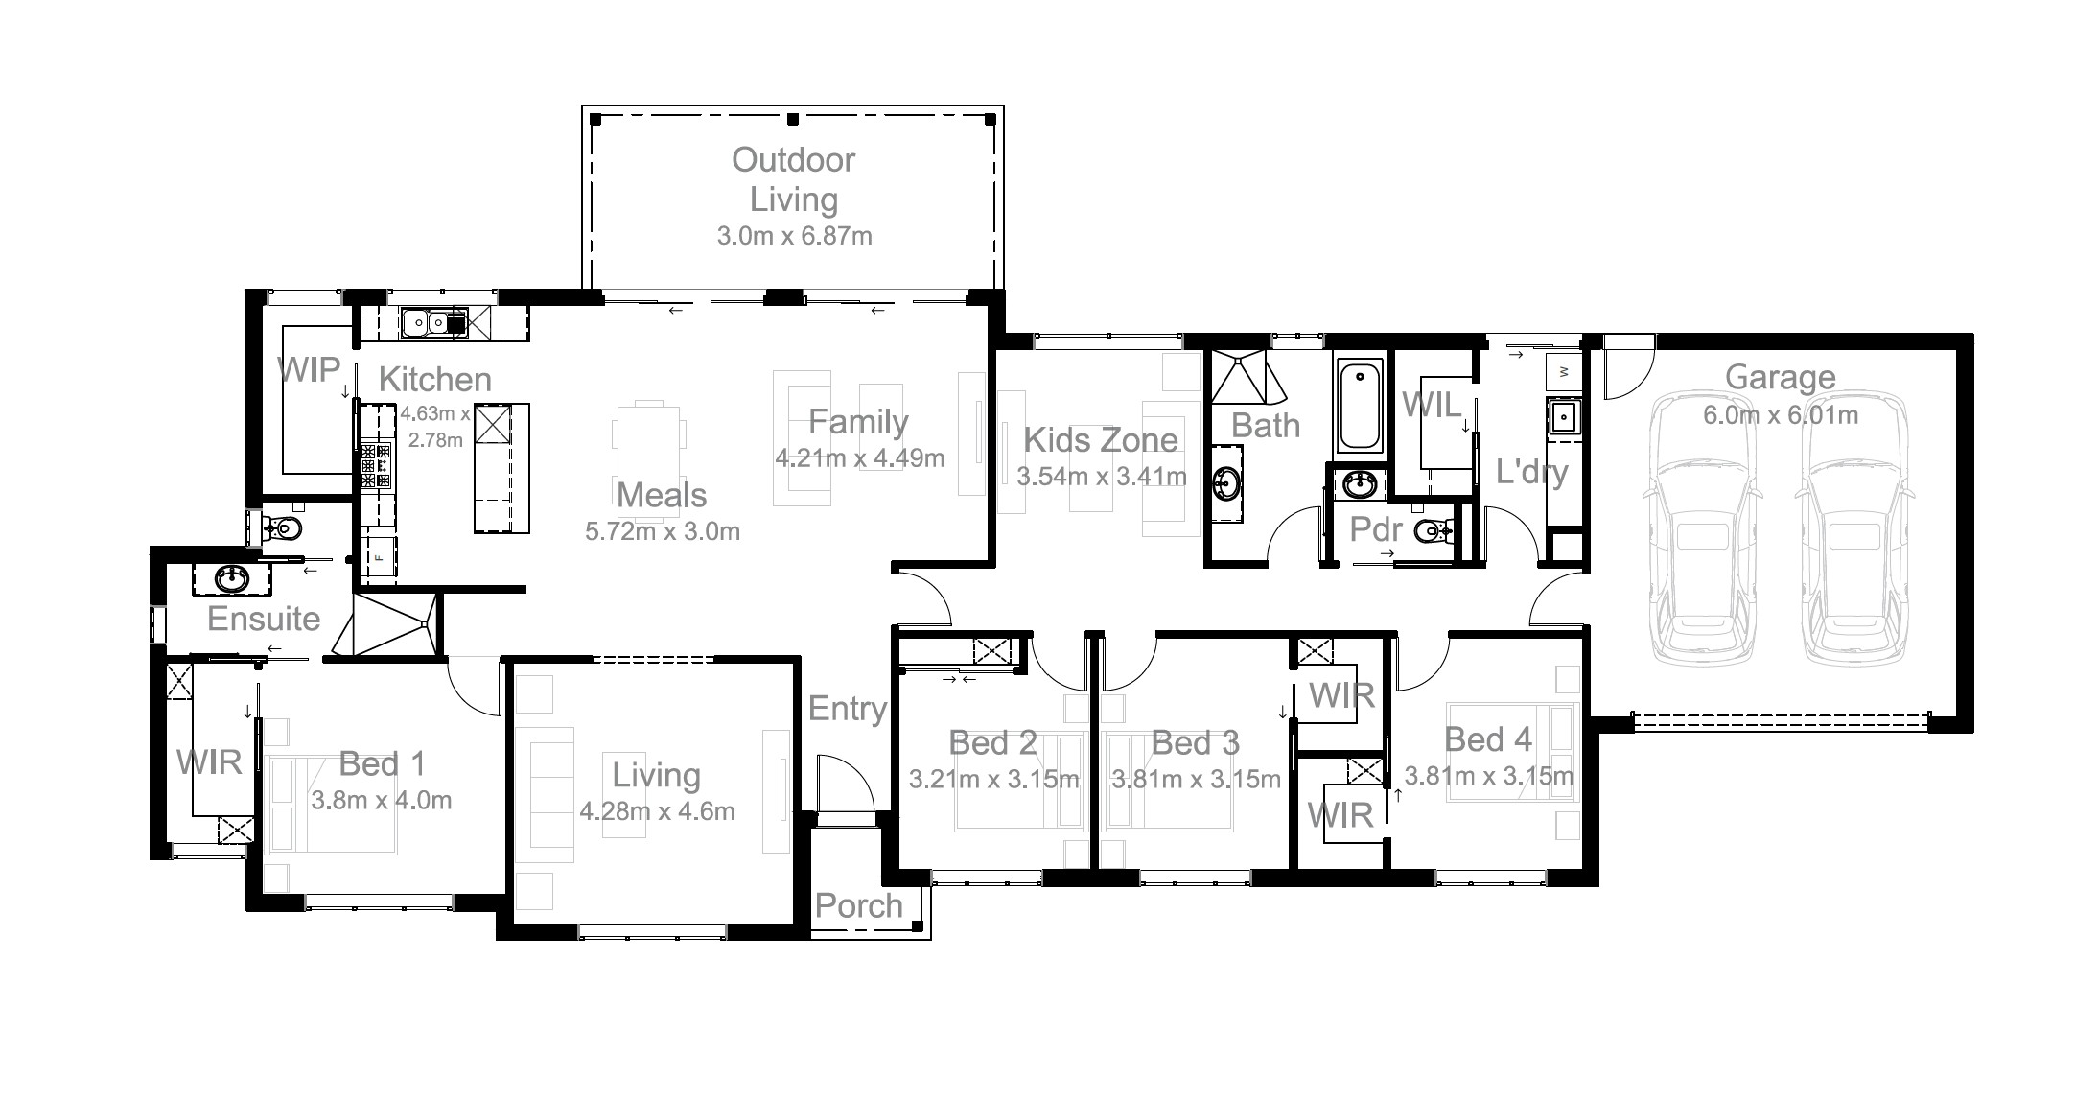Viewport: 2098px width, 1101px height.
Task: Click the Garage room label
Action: point(1780,379)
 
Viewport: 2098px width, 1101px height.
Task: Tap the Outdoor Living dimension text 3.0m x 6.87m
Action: point(794,236)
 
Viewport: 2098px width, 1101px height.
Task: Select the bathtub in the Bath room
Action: point(1360,407)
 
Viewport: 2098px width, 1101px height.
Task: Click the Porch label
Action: point(858,906)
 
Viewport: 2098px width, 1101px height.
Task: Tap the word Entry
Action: point(847,710)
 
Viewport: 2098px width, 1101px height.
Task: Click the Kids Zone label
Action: point(1101,440)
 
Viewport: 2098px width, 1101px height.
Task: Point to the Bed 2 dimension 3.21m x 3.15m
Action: point(993,780)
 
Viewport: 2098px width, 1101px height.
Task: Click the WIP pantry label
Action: point(309,369)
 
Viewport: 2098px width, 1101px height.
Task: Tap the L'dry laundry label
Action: point(1531,472)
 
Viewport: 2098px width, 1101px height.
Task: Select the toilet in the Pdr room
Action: point(1434,529)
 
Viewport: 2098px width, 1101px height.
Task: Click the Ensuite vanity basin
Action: point(230,578)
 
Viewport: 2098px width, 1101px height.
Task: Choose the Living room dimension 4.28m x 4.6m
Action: point(657,812)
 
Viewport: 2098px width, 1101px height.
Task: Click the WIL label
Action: point(1432,405)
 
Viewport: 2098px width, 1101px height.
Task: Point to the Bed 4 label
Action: point(1487,739)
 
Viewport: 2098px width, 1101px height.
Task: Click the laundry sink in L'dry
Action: point(1563,418)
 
